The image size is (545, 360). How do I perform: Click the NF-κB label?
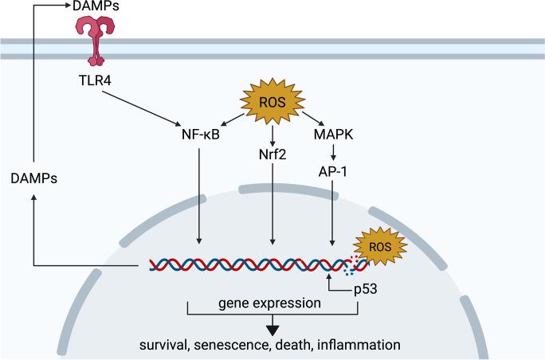tap(198, 135)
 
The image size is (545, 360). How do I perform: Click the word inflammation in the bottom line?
tap(359, 345)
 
